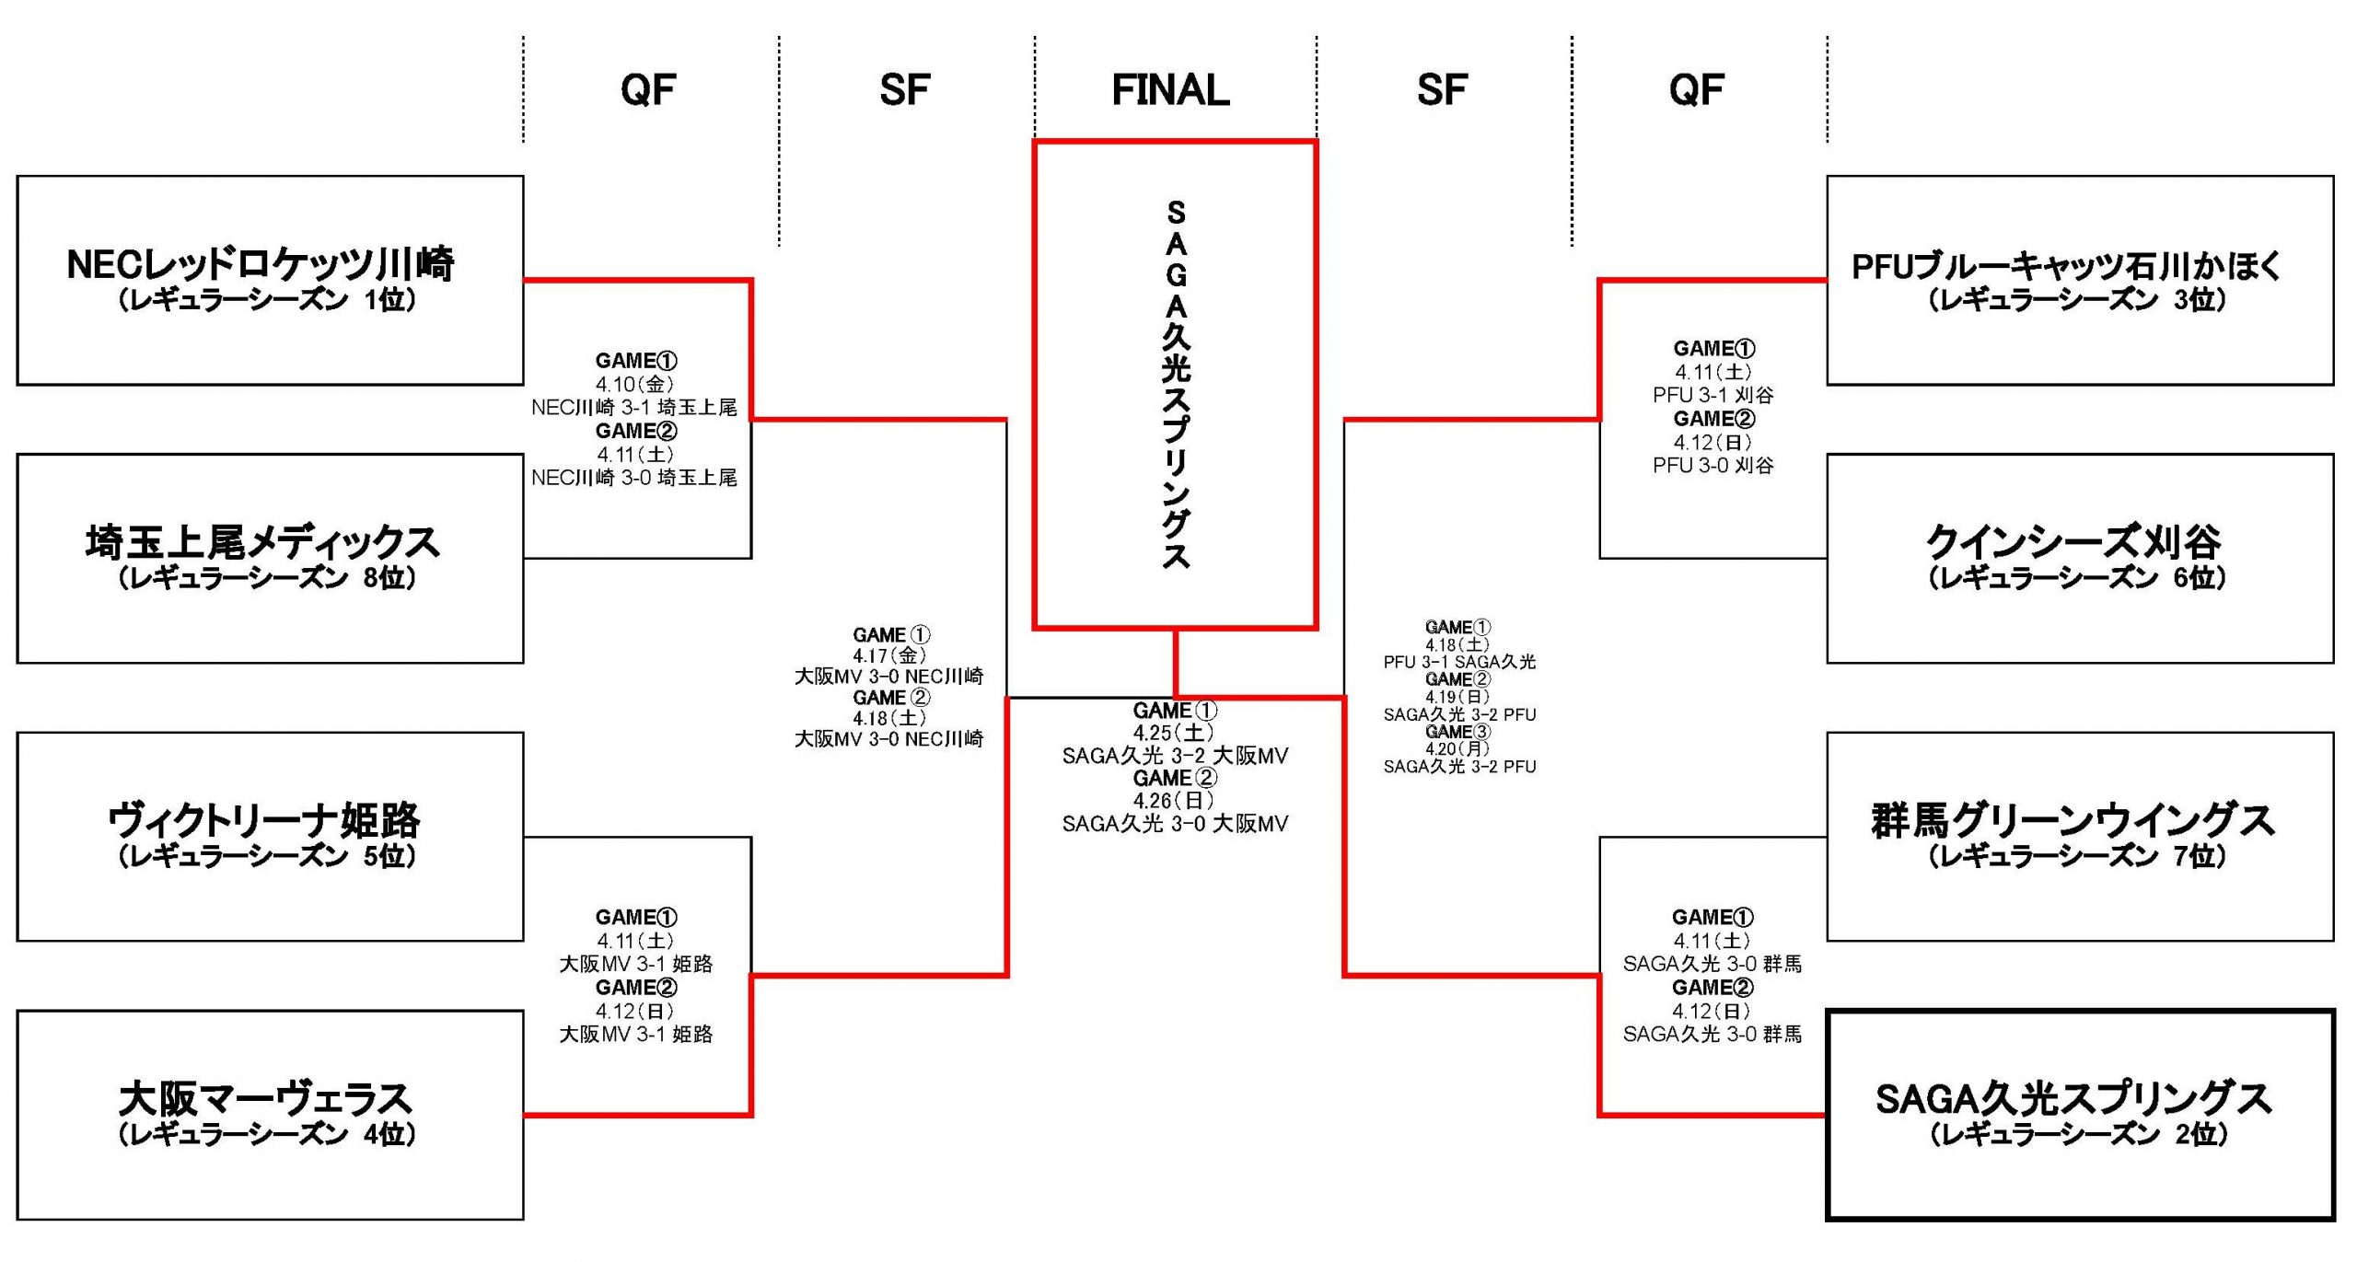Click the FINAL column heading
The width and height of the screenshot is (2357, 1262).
click(x=1170, y=90)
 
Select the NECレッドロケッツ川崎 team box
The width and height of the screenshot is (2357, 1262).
click(x=270, y=280)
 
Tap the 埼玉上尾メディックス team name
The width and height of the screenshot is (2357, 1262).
click(x=262, y=542)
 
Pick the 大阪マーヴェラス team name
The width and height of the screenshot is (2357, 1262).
click(x=265, y=1098)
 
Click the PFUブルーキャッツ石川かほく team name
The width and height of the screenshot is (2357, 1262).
click(x=2068, y=266)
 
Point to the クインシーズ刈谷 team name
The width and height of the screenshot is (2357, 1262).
click(x=2074, y=542)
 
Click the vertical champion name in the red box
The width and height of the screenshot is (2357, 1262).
click(x=1176, y=385)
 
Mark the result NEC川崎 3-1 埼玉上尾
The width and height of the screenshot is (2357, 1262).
click(x=634, y=407)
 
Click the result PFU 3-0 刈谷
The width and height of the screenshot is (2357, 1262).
click(x=1713, y=466)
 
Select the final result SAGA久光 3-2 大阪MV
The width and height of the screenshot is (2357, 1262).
click(x=1175, y=756)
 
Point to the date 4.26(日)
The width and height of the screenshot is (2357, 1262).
click(x=1174, y=801)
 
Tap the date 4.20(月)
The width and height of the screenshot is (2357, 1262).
click(x=1458, y=749)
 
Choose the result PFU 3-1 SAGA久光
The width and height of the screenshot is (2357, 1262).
click(x=1459, y=662)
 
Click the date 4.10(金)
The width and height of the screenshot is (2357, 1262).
click(x=634, y=384)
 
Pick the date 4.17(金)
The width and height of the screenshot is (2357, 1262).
click(x=889, y=655)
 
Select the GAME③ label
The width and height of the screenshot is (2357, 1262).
click(x=1458, y=732)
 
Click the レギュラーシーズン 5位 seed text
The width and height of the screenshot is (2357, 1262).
click(x=267, y=856)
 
